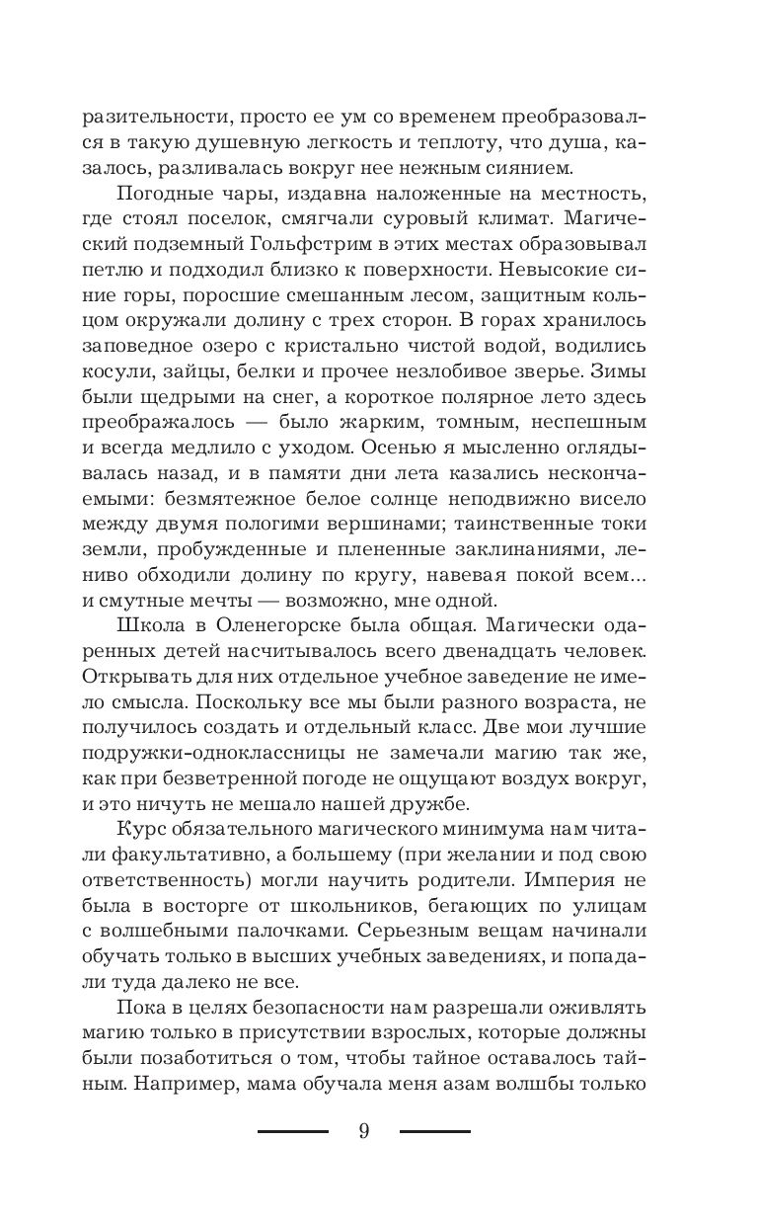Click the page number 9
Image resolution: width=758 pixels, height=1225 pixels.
(364, 1132)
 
